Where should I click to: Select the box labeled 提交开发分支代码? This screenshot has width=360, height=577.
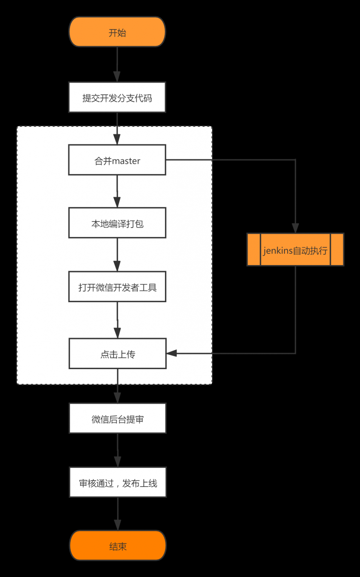coord(117,97)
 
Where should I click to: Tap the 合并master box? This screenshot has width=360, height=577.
coord(117,160)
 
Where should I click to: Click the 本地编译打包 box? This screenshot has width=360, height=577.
coord(117,223)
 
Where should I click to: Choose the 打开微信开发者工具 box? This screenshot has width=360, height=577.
coord(117,287)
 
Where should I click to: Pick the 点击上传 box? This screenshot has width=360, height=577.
coord(117,354)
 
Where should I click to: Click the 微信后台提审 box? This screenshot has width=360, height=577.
coord(117,418)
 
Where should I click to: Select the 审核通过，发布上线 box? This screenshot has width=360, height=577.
coord(118,482)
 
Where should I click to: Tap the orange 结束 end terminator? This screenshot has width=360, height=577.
coord(118,545)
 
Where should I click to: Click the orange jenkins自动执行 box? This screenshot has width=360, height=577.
coord(295,250)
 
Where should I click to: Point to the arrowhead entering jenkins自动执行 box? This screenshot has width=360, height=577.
coord(295,228)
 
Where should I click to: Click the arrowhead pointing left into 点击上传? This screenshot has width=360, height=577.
coord(171,353)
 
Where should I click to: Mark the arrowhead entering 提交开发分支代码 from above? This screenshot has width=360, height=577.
coord(117,77)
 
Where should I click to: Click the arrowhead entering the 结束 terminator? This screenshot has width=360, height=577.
coord(118,525)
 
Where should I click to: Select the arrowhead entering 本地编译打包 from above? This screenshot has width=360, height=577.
coord(117,202)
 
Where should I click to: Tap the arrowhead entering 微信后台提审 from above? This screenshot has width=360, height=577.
coord(117,398)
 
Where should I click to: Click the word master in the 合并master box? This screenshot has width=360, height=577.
coord(126,161)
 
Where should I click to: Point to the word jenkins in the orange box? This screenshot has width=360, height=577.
coord(278,250)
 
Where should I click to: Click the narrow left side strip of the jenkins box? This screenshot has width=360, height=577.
coord(254,250)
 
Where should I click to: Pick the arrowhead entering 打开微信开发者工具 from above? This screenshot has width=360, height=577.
coord(117,266)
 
